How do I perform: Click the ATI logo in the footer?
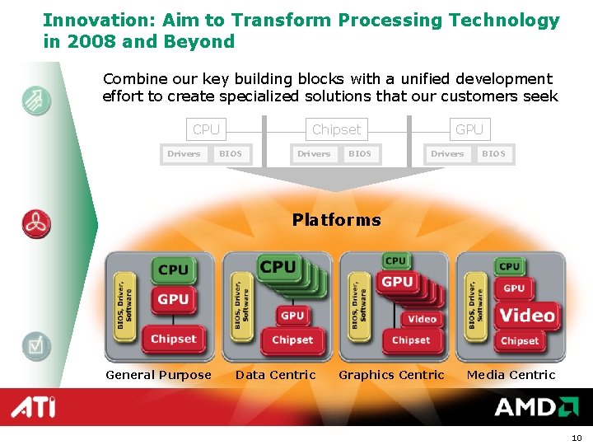(x=34, y=407)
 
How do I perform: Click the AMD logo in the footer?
(x=535, y=407)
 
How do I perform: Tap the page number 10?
(x=576, y=437)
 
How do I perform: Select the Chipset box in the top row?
(x=336, y=129)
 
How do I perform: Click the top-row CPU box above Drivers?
(x=206, y=129)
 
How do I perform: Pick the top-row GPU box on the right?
(x=469, y=129)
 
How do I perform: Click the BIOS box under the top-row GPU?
(x=493, y=153)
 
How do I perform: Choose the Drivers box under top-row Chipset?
(x=314, y=153)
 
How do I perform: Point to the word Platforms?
(x=336, y=220)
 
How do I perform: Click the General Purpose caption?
(x=158, y=375)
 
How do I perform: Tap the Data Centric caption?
(x=275, y=375)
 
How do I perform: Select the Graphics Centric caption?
(x=391, y=375)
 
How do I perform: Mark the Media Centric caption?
(x=511, y=375)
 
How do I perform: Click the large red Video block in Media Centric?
(x=527, y=315)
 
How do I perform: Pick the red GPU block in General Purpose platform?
(x=173, y=299)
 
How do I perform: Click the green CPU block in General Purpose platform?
(x=173, y=269)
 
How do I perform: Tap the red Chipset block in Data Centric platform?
(x=292, y=340)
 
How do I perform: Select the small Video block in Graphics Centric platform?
(x=422, y=319)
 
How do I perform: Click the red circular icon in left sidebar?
(x=36, y=224)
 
